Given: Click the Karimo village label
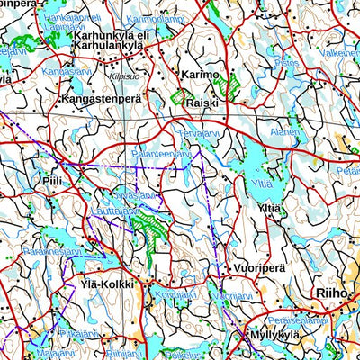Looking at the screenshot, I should (199, 76).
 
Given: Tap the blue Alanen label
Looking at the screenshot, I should (284, 131).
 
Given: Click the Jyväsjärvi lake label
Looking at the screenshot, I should (137, 194).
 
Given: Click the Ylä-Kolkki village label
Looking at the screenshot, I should (106, 284).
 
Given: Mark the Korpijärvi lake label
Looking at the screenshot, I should (175, 293).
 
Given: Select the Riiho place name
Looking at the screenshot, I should (330, 292).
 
